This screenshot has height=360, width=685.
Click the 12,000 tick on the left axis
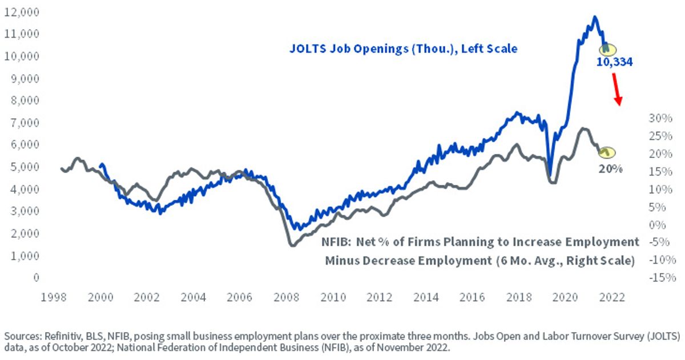(x=22, y=12)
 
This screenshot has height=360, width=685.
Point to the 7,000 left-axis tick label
(x=25, y=123)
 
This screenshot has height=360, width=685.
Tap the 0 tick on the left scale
(x=37, y=277)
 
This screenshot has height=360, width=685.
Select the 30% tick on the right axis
(x=660, y=118)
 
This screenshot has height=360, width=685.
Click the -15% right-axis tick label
(x=662, y=278)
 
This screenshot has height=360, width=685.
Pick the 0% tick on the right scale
(x=657, y=225)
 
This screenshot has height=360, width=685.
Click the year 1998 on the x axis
(x=54, y=297)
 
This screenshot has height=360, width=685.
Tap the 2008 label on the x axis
(x=286, y=297)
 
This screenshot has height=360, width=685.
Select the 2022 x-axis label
(x=612, y=297)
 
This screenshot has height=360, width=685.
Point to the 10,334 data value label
(x=614, y=62)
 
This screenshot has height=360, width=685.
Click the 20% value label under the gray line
(x=610, y=169)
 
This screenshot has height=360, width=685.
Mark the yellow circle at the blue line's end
(x=607, y=49)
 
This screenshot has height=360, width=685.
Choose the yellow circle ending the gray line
(x=607, y=152)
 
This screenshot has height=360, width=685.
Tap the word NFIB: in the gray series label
(x=336, y=242)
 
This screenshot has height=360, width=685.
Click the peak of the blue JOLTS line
(x=594, y=17)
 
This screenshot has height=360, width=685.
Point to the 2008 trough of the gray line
(x=293, y=245)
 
